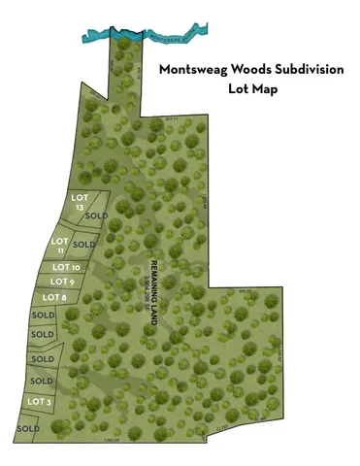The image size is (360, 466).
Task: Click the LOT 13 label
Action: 80,201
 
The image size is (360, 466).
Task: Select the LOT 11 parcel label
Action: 59,245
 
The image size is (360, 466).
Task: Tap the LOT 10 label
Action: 66,267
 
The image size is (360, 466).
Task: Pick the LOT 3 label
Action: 39,401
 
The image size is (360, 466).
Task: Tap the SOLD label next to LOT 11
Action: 85,244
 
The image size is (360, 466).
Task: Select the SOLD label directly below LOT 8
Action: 44,316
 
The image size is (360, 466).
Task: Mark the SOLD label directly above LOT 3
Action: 43,381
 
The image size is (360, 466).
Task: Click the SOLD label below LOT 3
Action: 28,428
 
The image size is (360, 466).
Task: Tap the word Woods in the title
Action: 251,71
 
